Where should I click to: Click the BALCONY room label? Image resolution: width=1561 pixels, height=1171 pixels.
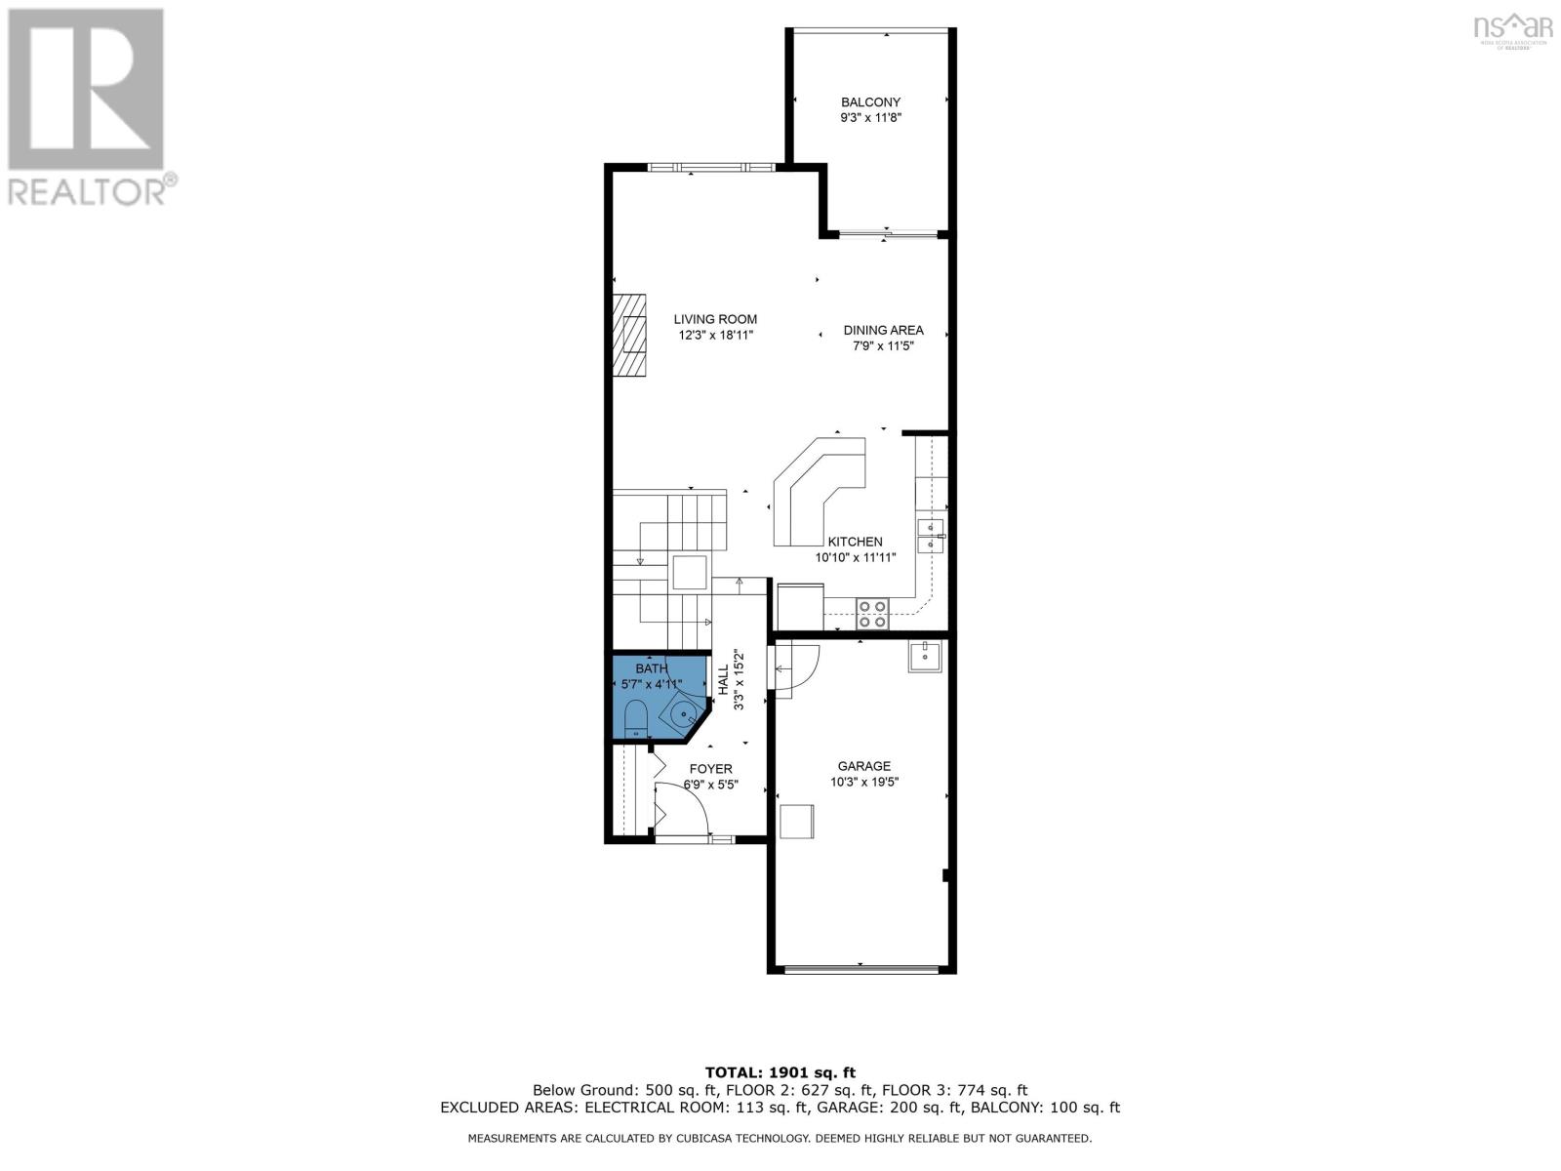[870, 101]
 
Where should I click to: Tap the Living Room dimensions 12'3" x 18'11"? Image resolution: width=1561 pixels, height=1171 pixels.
[716, 335]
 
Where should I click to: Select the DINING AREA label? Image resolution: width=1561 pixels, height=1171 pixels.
[883, 330]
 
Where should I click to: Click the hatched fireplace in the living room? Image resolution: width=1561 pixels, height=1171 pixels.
[631, 334]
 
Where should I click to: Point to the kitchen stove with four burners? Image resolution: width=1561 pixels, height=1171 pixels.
[872, 613]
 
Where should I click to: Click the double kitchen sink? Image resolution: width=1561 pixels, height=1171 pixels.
[931, 537]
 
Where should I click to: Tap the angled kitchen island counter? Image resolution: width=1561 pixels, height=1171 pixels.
[816, 489]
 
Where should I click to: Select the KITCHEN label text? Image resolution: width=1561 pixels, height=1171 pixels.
[855, 542]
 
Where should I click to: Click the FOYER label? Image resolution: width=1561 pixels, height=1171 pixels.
[710, 769]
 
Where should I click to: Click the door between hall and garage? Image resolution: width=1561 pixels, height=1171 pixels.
[797, 667]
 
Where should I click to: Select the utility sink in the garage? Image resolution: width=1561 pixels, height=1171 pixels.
[923, 657]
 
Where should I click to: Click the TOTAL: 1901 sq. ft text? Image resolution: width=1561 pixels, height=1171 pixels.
[780, 1072]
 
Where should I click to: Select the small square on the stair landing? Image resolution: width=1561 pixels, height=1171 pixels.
[691, 572]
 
